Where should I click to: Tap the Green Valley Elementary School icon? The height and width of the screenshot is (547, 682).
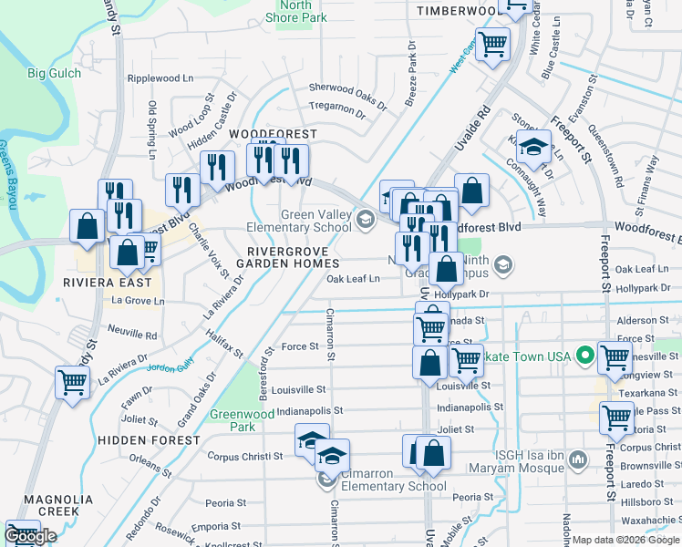point(365,217)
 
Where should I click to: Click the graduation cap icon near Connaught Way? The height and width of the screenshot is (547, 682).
point(533,146)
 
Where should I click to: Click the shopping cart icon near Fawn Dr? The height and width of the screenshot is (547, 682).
point(72,383)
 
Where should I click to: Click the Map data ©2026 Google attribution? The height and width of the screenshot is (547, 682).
point(626,540)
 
